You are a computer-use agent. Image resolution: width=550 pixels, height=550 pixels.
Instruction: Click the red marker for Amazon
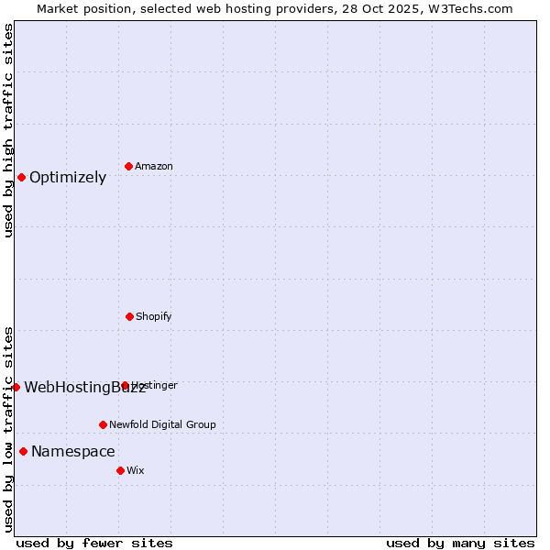pos(129,166)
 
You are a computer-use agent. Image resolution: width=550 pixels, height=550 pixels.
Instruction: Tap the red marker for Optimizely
pos(21,177)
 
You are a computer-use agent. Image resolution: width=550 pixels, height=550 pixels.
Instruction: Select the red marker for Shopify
pos(129,316)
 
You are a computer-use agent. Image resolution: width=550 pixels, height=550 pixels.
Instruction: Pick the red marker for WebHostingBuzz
pos(16,387)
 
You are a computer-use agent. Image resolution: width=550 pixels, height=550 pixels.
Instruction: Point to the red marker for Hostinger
pos(126,386)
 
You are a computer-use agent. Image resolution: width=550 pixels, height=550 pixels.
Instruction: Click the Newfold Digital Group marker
pos(103,424)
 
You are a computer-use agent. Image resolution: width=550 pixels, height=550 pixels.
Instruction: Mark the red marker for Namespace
pos(23,451)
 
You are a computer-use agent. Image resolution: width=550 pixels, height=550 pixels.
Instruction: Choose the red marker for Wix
pos(120,470)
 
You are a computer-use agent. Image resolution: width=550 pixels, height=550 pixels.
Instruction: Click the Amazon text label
pos(154,167)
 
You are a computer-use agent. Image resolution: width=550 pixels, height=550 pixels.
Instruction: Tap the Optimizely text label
pos(68,178)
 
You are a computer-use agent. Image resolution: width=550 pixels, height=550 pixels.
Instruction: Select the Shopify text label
pos(154,317)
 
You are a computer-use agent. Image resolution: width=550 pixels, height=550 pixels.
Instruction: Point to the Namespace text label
pos(73,452)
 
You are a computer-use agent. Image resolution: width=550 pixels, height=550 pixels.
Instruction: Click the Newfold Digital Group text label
pos(162,425)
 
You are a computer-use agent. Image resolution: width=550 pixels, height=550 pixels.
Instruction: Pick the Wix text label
pos(136,471)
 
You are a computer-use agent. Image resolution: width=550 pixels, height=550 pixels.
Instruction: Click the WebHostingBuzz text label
pos(84,388)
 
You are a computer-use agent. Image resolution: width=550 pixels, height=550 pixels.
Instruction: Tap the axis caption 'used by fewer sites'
pos(94,544)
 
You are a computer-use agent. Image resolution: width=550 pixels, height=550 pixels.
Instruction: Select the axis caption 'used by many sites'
pos(460,544)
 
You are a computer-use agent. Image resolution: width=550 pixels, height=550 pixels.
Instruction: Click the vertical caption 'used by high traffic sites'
pos(8,130)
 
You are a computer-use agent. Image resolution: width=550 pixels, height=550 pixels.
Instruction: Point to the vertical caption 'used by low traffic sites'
pos(8,429)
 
